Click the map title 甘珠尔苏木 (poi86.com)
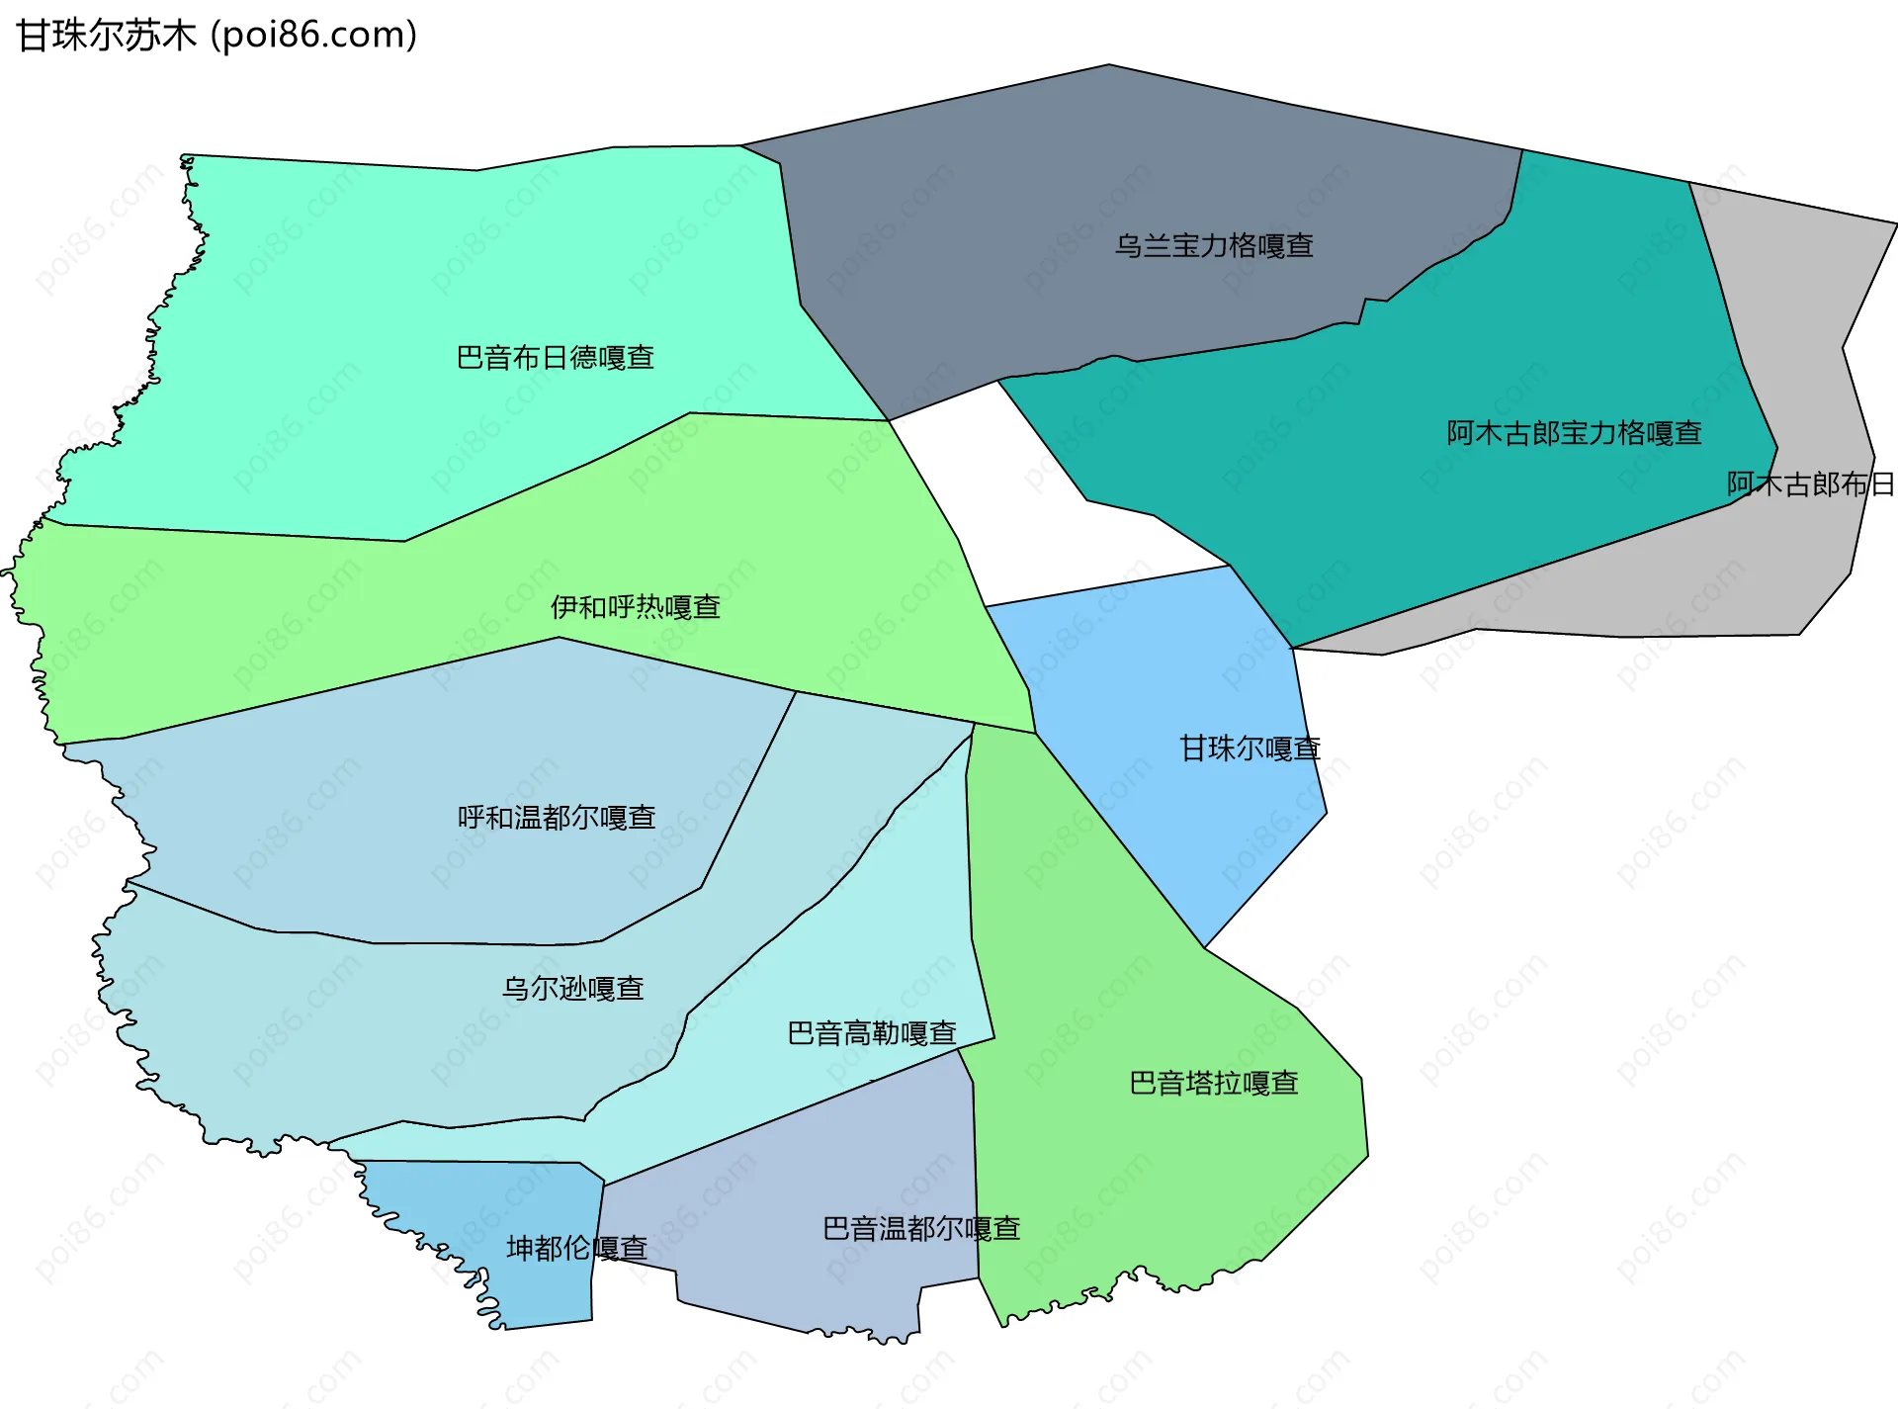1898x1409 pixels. click(x=216, y=36)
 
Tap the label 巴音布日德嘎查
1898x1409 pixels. click(x=555, y=357)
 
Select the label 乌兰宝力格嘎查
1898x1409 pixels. click(x=1214, y=245)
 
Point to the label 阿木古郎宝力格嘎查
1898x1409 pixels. click(x=1574, y=433)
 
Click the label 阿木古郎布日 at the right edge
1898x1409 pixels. click(x=1809, y=484)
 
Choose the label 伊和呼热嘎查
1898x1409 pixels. click(x=635, y=607)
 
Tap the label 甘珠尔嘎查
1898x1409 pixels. click(x=1250, y=749)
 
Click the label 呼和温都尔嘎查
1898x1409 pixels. click(x=557, y=818)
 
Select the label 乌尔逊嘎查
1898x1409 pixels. click(x=572, y=988)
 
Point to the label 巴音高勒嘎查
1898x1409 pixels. click(x=871, y=1033)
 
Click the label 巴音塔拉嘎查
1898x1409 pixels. click(x=1213, y=1083)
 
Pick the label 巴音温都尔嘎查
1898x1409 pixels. click(x=920, y=1228)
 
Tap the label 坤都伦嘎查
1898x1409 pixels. click(x=576, y=1248)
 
